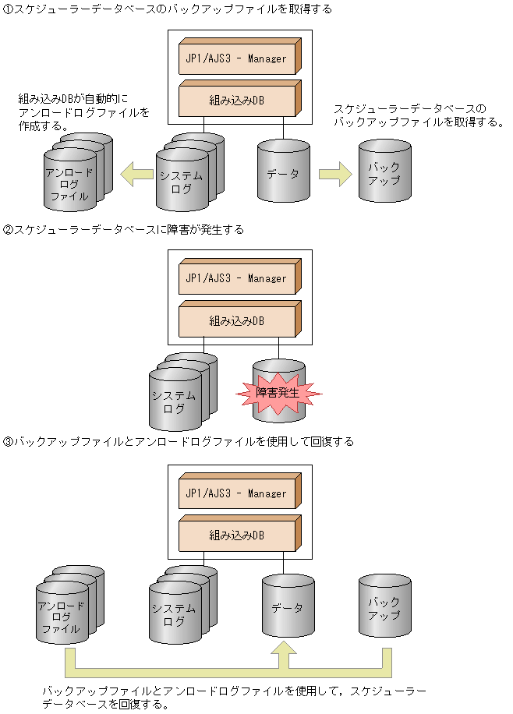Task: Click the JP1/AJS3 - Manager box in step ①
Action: (236, 58)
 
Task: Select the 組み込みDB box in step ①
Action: (236, 100)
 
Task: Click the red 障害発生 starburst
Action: (278, 392)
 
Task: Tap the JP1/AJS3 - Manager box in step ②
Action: (236, 277)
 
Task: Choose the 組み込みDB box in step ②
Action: (236, 320)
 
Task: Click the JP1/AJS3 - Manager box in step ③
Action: (236, 493)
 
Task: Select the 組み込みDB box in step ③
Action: (236, 535)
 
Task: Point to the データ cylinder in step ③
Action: (288, 607)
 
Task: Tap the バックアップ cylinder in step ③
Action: (383, 608)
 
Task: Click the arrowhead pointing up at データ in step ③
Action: (288, 652)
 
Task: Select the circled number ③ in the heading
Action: (9, 441)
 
